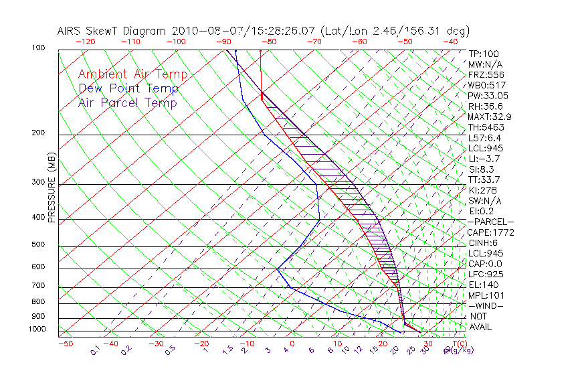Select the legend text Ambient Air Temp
point(132,74)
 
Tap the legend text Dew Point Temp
point(128,88)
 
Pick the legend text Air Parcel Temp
point(128,102)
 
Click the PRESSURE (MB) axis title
point(51,188)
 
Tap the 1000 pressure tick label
point(37,329)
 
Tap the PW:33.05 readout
point(486,96)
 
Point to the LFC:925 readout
point(485,275)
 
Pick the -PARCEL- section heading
point(490,222)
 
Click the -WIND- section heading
point(486,305)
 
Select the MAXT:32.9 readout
point(489,117)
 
